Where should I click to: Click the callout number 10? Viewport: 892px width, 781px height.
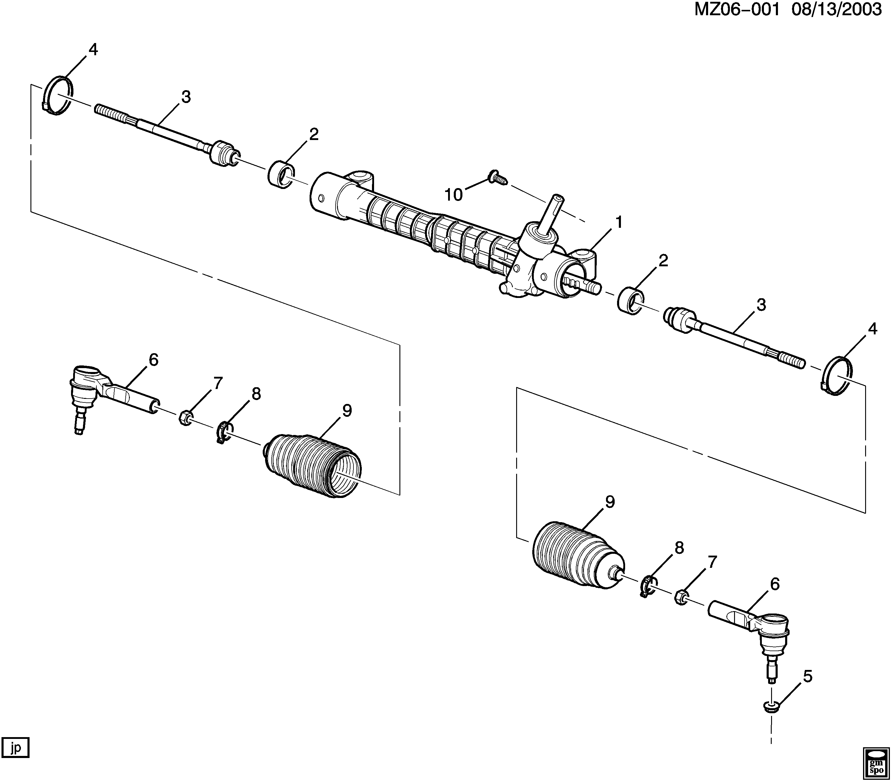pos(453,195)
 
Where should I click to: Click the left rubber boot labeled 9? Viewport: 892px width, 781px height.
pos(313,465)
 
